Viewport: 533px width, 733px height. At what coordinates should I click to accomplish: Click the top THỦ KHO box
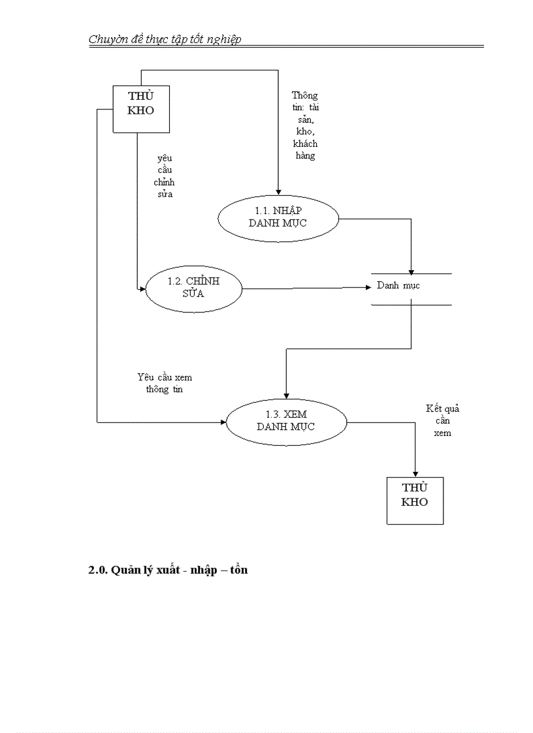pos(141,108)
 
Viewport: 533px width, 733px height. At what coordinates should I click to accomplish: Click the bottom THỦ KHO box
pos(415,500)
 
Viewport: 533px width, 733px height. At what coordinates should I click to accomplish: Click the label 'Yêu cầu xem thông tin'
pos(165,383)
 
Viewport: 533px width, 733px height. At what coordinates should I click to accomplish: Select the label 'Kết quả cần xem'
pos(442,420)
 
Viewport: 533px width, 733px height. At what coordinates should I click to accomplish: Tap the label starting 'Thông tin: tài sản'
pos(305,125)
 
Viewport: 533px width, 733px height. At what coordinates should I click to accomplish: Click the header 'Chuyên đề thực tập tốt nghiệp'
pos(165,39)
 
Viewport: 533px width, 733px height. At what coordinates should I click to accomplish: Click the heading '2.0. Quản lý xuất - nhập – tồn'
pos(168,570)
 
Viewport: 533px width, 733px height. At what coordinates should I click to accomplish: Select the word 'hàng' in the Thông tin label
pos(305,156)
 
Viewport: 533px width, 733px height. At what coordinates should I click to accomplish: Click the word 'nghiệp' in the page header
pos(225,39)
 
